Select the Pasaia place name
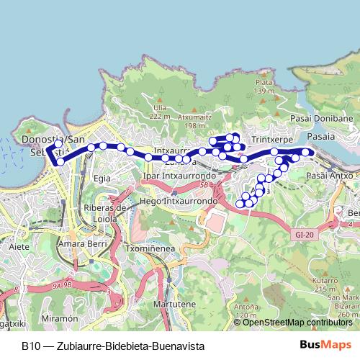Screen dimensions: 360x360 (320, 135)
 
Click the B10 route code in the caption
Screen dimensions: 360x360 (30, 346)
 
